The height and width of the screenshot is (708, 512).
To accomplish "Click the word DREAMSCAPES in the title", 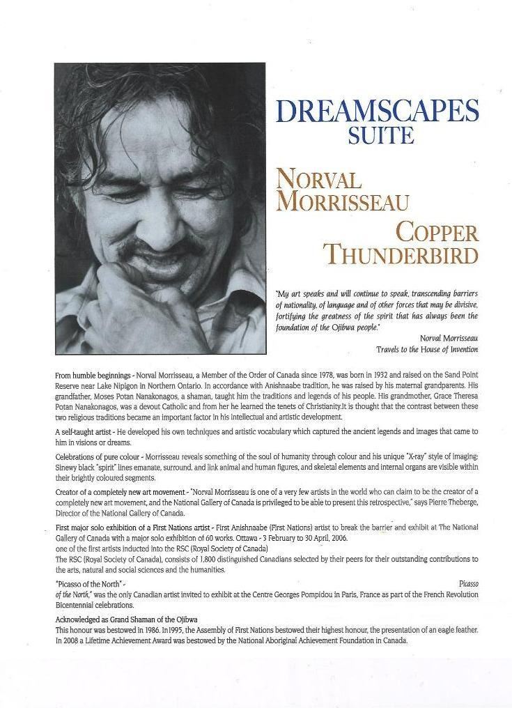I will click(x=377, y=111).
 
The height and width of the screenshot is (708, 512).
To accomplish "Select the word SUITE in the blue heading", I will click(x=381, y=134).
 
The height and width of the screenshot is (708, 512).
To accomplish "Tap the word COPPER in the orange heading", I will click(x=437, y=232).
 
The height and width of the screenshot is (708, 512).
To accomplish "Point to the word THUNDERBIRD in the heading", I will click(x=403, y=255).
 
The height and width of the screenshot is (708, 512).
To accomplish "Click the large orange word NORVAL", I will click(x=318, y=180).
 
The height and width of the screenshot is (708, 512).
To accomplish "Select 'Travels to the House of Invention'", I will click(x=427, y=348).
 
